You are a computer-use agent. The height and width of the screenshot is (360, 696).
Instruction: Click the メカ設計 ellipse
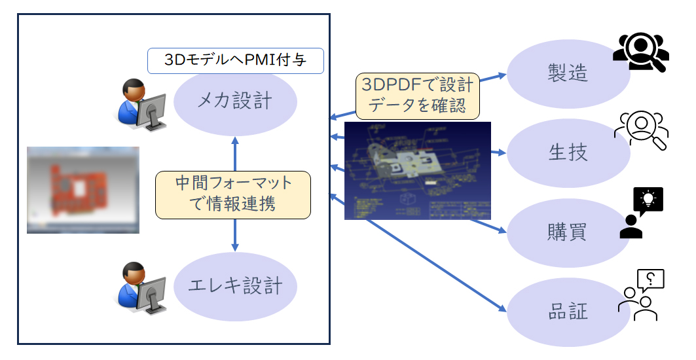coord(235,101)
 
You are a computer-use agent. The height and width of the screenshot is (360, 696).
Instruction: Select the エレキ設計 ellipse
coord(235,286)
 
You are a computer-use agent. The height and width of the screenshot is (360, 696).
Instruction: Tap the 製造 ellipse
coord(568,73)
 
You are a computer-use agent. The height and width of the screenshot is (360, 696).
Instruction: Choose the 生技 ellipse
coord(568,153)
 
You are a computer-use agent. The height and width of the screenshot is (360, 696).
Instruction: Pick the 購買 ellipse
coord(568,232)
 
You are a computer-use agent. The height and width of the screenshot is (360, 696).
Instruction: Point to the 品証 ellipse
coord(568,312)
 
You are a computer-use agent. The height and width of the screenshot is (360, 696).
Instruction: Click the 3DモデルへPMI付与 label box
coord(235,61)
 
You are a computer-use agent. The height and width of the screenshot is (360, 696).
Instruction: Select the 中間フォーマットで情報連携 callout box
coord(234,194)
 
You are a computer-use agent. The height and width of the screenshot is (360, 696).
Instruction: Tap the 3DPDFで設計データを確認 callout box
coord(418,96)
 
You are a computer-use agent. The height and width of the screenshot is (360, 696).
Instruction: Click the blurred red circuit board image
coord(83,190)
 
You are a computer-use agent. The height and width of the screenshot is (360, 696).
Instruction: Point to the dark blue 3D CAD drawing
coord(417,170)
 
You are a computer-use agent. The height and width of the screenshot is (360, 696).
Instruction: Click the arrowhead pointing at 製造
coord(504,74)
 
